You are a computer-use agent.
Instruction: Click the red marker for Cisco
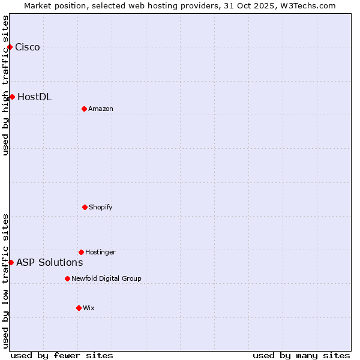(10, 47)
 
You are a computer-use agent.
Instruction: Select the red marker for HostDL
(12, 97)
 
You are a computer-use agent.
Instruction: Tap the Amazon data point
(84, 109)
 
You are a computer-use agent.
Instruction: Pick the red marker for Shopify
(85, 207)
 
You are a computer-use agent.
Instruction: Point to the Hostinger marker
(81, 252)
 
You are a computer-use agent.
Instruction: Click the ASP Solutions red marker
(11, 262)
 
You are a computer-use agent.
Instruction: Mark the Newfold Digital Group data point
(67, 278)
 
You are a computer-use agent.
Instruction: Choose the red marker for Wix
(79, 308)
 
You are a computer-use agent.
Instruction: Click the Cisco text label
(28, 47)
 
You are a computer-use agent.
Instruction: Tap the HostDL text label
(35, 97)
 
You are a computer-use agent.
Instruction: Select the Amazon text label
(101, 109)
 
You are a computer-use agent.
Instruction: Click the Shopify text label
(101, 207)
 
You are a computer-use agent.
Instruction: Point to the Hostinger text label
(100, 252)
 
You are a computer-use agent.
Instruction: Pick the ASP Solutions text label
(50, 262)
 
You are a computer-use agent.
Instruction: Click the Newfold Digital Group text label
(106, 278)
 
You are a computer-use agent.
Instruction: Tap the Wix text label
(89, 308)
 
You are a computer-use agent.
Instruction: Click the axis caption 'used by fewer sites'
(62, 355)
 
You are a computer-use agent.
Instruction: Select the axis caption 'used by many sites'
(301, 355)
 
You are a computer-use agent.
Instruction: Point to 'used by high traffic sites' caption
(5, 85)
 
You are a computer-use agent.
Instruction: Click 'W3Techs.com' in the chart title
(306, 5)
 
